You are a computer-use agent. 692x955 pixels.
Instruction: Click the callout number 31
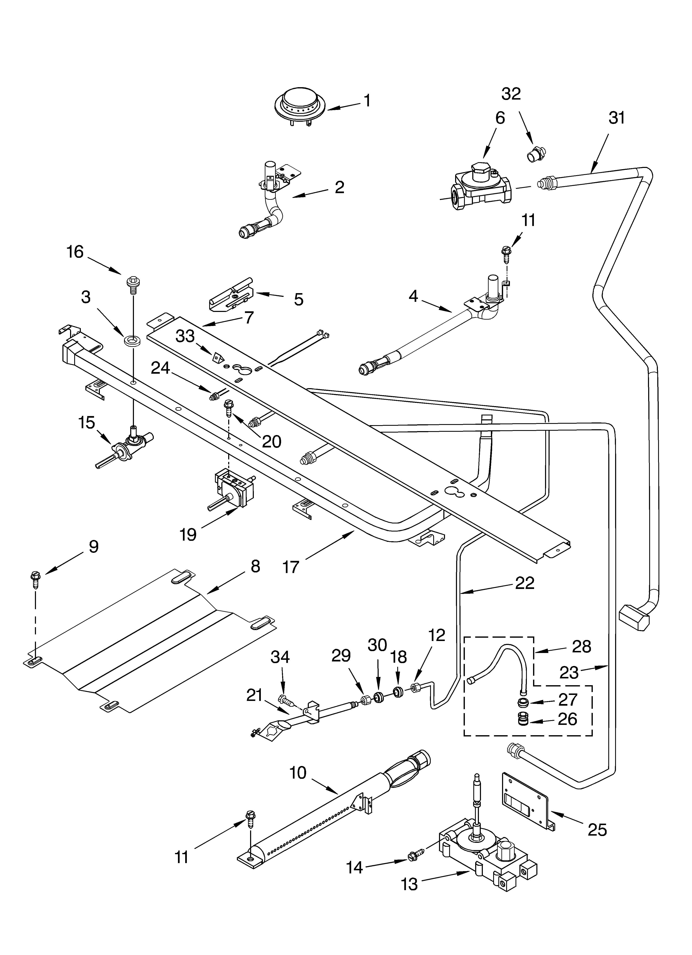617,118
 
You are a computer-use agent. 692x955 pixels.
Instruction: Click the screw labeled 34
285,700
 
